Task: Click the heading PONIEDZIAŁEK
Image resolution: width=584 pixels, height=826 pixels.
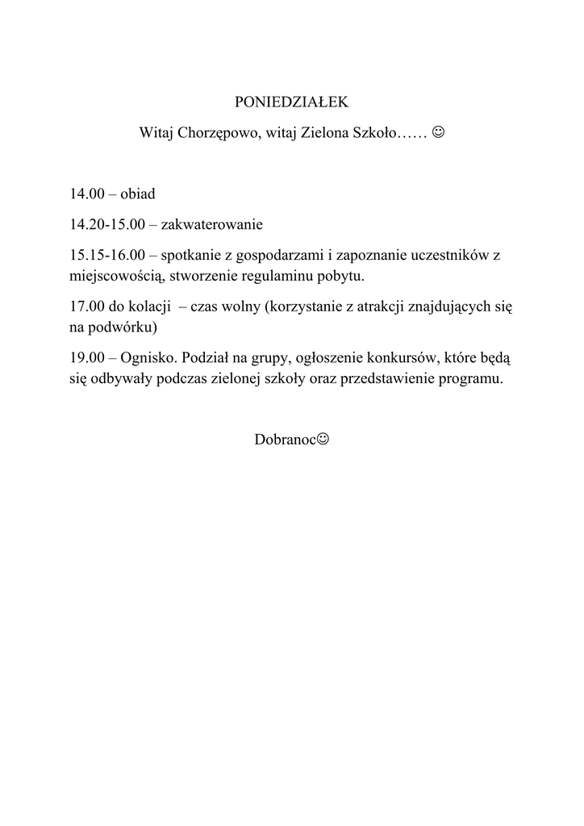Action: click(x=290, y=102)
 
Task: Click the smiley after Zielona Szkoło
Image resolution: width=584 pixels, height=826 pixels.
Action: click(x=438, y=131)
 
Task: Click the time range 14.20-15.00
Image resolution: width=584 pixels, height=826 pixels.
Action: click(x=106, y=224)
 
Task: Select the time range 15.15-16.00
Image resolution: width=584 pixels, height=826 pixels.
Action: click(x=106, y=255)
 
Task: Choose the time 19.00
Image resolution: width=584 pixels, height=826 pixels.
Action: click(x=86, y=358)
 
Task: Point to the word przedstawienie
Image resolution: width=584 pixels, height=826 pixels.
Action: click(x=383, y=379)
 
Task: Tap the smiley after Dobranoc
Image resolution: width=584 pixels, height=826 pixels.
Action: click(x=323, y=440)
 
